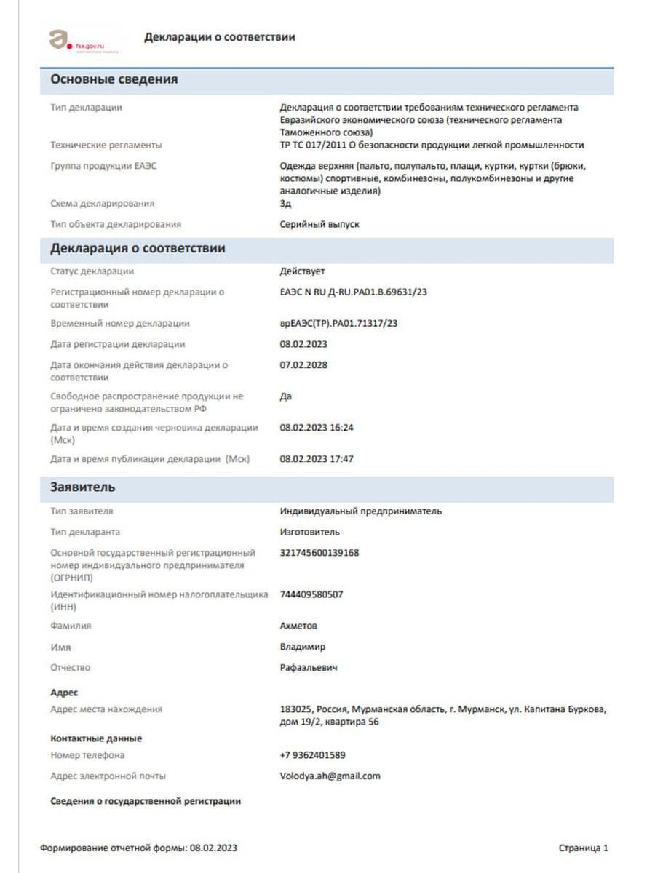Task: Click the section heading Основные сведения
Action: (114, 80)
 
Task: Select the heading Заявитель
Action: (83, 487)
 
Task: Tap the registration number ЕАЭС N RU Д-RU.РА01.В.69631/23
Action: (353, 292)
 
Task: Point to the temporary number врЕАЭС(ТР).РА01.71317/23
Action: (338, 324)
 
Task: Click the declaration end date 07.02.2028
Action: (303, 365)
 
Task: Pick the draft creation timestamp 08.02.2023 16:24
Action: (317, 428)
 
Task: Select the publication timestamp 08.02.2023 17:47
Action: (317, 459)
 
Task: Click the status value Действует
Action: (302, 271)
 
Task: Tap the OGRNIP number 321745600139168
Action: (319, 553)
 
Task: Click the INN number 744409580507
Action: (311, 594)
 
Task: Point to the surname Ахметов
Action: (298, 626)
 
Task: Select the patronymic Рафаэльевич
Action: (309, 668)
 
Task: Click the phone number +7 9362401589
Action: (312, 755)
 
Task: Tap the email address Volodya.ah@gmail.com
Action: (330, 776)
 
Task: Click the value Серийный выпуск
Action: (319, 225)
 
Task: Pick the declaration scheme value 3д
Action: (285, 204)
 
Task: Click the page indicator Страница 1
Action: (583, 848)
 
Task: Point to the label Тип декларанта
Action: (85, 532)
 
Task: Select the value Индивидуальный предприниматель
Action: (360, 511)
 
